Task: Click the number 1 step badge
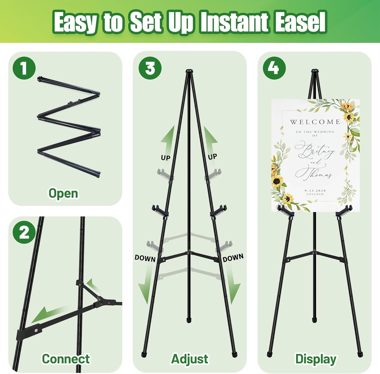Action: (x=24, y=68)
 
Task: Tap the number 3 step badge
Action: (x=150, y=68)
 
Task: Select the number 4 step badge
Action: (x=274, y=68)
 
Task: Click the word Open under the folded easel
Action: (x=63, y=193)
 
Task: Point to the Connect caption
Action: (x=66, y=359)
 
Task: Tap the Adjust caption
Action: (x=190, y=359)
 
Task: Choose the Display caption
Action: (x=316, y=359)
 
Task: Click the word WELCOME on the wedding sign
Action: (x=315, y=122)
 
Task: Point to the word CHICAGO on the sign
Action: (x=315, y=194)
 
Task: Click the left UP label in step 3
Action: (x=166, y=158)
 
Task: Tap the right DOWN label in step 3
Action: (x=233, y=258)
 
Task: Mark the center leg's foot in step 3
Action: (x=189, y=320)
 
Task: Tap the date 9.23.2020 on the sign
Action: (x=315, y=191)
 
